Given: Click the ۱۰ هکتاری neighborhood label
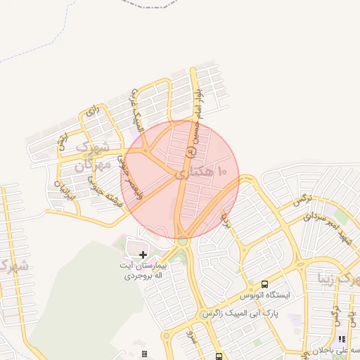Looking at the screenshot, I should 202,172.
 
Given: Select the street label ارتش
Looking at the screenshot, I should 63,140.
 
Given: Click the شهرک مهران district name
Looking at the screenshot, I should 92,156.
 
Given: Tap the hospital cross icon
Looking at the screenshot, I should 143,254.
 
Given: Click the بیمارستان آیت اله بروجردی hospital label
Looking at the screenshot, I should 143,271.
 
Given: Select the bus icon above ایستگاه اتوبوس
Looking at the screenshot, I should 264,284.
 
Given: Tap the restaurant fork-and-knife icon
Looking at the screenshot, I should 342,339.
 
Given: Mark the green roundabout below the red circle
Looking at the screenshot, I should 183,241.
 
